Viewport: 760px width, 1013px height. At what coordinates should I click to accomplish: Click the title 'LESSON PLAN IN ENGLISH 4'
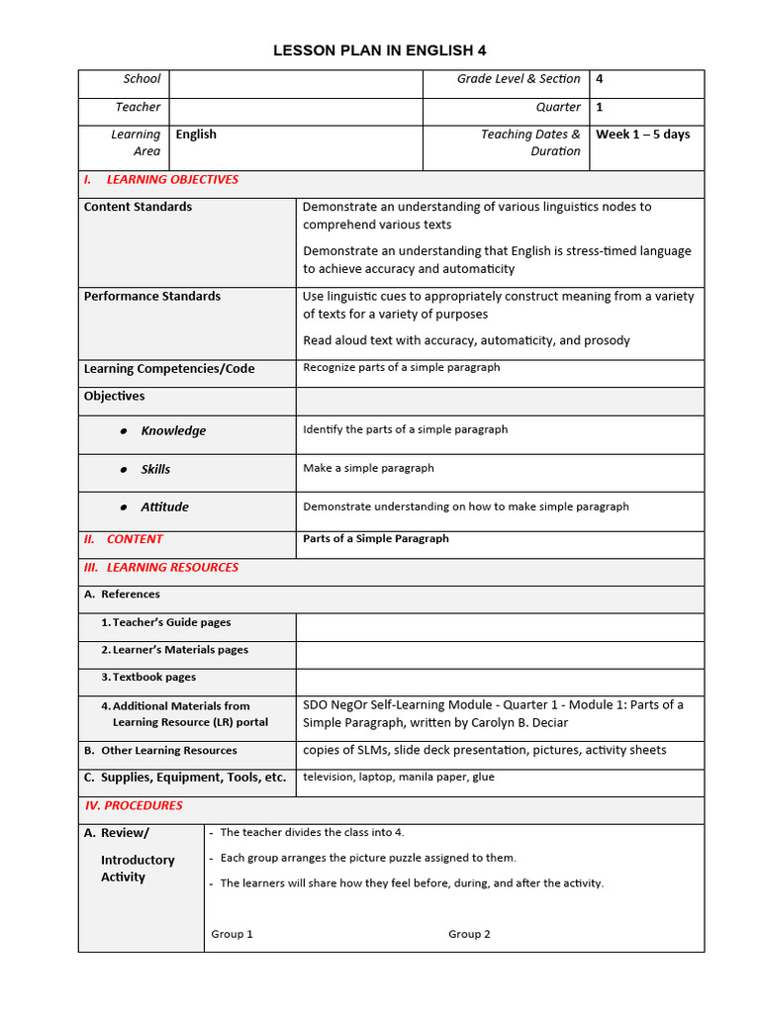[x=380, y=50]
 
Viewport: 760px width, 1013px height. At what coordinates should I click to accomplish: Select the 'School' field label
[x=142, y=79]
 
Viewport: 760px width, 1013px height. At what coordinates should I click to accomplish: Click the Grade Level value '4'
[x=600, y=79]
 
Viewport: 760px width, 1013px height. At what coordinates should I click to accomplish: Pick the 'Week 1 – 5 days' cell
[x=642, y=135]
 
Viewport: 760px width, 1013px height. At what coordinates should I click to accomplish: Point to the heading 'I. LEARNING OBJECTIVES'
[x=161, y=180]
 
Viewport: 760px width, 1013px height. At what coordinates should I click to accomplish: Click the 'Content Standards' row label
[x=138, y=207]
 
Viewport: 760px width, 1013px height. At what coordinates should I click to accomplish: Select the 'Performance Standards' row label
[x=152, y=296]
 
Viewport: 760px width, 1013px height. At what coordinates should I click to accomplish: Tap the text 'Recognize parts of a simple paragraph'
[x=401, y=367]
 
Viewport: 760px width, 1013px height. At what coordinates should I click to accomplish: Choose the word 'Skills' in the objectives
[x=155, y=470]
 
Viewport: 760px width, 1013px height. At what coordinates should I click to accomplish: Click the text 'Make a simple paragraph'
[x=368, y=468]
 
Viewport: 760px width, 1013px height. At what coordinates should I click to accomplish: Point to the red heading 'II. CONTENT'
[x=124, y=539]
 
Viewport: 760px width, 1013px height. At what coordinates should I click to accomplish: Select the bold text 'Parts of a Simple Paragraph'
[x=375, y=539]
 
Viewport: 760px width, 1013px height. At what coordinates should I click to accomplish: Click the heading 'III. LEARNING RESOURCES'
[x=161, y=568]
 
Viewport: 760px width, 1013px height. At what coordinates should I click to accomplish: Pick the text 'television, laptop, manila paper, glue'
[x=399, y=777]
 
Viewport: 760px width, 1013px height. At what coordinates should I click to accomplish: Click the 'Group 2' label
[x=469, y=934]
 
